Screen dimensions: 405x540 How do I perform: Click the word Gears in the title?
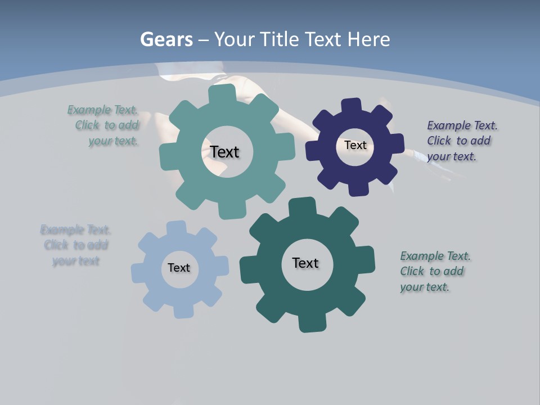click(166, 39)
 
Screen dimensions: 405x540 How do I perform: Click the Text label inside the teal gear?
click(224, 152)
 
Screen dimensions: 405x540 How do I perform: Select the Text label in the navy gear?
click(355, 145)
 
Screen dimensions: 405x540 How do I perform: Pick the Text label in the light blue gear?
click(179, 268)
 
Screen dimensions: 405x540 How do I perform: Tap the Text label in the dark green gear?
click(305, 263)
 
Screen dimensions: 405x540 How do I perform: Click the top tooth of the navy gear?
click(351, 106)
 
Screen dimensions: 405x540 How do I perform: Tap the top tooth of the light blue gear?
click(176, 227)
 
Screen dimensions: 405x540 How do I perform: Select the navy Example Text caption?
click(462, 141)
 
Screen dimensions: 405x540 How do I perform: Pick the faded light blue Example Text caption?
click(75, 245)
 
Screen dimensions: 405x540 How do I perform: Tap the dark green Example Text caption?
click(435, 271)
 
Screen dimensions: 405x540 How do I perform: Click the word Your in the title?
click(237, 39)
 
